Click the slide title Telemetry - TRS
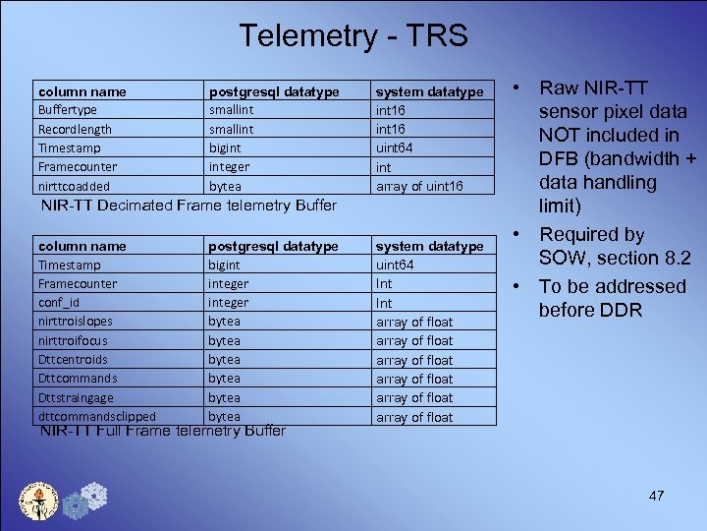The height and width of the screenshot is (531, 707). (x=353, y=36)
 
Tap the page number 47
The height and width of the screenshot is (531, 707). (x=657, y=496)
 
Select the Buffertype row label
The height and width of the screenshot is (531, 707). (x=67, y=110)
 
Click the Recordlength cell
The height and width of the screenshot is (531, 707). (x=75, y=129)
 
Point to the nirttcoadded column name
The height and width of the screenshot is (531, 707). (x=74, y=186)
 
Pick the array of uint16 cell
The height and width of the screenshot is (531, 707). (x=420, y=186)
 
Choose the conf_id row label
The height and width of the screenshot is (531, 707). (x=59, y=303)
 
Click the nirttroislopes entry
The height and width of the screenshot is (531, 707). (x=75, y=322)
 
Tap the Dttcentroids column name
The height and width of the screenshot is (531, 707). (x=73, y=360)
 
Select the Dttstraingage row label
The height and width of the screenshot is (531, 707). (x=76, y=397)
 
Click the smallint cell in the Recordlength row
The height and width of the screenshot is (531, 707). (x=231, y=129)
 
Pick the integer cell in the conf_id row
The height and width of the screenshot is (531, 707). (x=229, y=303)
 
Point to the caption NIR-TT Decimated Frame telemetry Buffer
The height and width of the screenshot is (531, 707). (x=188, y=206)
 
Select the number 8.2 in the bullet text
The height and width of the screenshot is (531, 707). (x=674, y=258)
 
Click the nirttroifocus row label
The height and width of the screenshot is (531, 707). (x=75, y=341)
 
